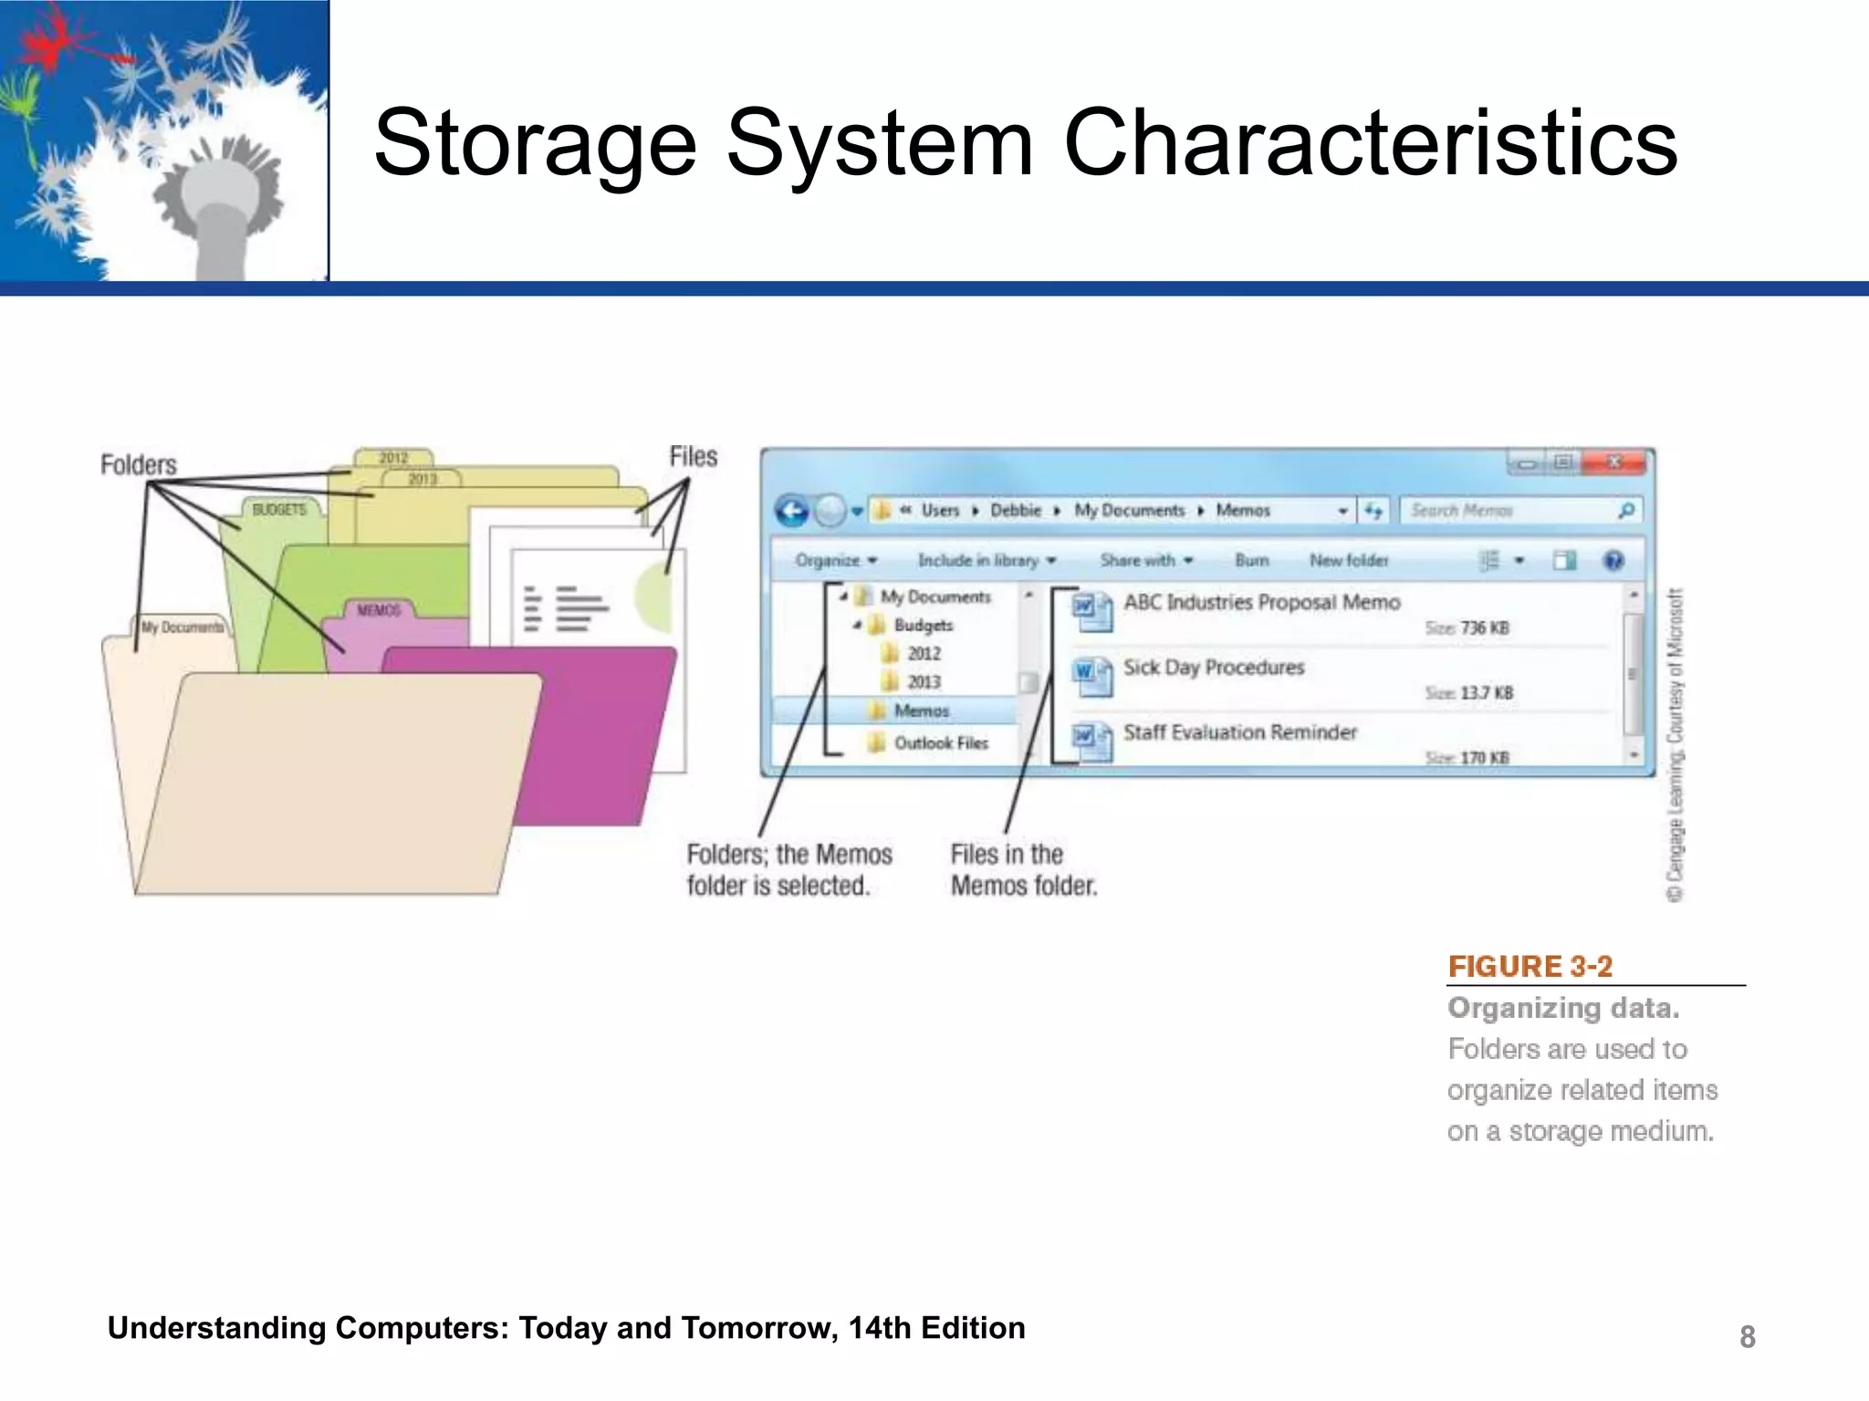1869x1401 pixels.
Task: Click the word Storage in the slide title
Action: (x=536, y=143)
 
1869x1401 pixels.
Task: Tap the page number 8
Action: (x=1747, y=1336)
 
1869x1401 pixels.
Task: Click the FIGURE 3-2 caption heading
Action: (x=1530, y=966)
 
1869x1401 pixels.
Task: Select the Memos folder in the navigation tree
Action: (x=921, y=711)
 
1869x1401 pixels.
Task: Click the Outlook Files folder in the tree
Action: (x=940, y=743)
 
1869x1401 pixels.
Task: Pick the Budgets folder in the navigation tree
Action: (x=923, y=626)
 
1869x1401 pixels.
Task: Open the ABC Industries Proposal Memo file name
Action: (x=1261, y=602)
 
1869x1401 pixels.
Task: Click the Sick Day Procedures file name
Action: (x=1214, y=668)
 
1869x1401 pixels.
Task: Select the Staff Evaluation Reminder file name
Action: (x=1239, y=732)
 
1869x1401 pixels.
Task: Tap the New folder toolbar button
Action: (x=1348, y=560)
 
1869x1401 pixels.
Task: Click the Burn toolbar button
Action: (x=1251, y=560)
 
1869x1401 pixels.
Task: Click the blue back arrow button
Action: (x=792, y=511)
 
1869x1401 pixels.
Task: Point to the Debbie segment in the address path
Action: (x=1015, y=511)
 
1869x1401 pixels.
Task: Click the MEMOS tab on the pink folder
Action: (x=379, y=610)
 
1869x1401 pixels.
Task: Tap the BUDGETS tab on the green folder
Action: (x=279, y=510)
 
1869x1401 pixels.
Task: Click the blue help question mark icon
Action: (x=1613, y=560)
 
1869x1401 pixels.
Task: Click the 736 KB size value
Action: (x=1485, y=628)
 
